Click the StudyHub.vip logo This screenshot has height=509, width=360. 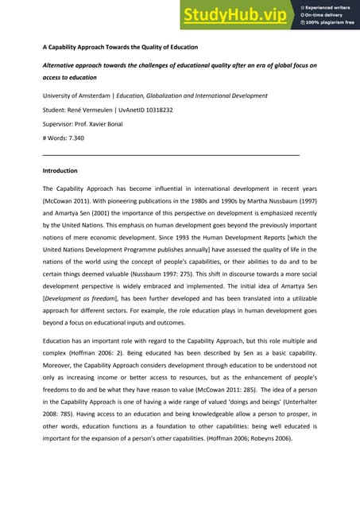click(236, 14)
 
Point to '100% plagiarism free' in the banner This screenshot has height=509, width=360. click(332, 23)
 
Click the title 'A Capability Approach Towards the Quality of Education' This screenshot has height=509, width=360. click(119, 47)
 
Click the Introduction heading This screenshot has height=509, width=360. click(64, 171)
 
